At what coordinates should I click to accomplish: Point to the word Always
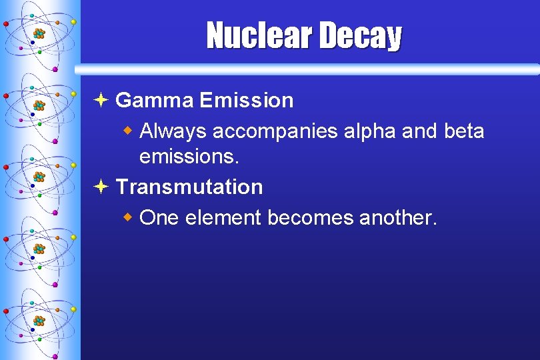[x=173, y=131]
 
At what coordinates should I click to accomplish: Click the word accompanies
[x=275, y=133]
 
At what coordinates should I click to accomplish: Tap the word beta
[x=463, y=131]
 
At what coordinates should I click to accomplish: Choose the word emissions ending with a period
[x=189, y=157]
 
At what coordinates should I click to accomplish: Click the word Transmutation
[x=189, y=187]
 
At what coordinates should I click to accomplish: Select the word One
[x=159, y=218]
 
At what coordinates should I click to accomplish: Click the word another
[x=398, y=218]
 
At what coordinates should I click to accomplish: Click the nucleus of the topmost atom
[x=39, y=33]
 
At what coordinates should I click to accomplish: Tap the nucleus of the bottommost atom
[x=39, y=321]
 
